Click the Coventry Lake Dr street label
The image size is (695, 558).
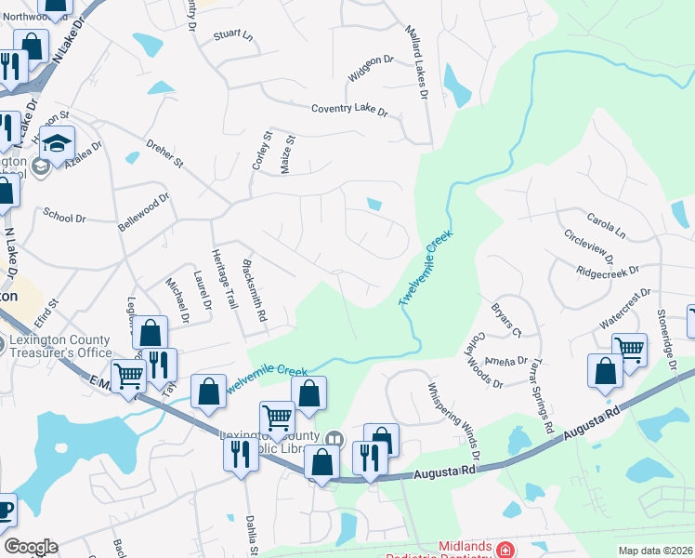tap(348, 109)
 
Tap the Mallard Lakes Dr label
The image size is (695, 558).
tap(415, 63)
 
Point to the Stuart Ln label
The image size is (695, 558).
tap(232, 34)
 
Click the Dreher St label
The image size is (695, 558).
tap(165, 153)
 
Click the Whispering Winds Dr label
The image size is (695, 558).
tap(453, 420)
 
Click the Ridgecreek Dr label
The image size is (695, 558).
tap(608, 271)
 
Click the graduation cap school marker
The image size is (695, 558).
tap(58, 144)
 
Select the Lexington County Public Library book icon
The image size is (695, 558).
tap(334, 437)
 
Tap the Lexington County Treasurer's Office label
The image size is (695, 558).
tap(60, 346)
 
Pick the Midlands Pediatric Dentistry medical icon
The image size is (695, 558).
tap(505, 550)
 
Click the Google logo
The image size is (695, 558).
tap(30, 547)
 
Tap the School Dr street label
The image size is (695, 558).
tap(64, 216)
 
